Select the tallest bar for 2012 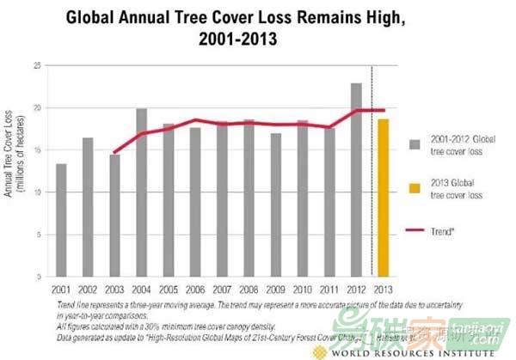click(x=356, y=180)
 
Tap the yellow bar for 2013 click(x=382, y=198)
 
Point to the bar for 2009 click(x=275, y=205)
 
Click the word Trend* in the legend click(x=446, y=231)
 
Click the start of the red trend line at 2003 click(x=114, y=152)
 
